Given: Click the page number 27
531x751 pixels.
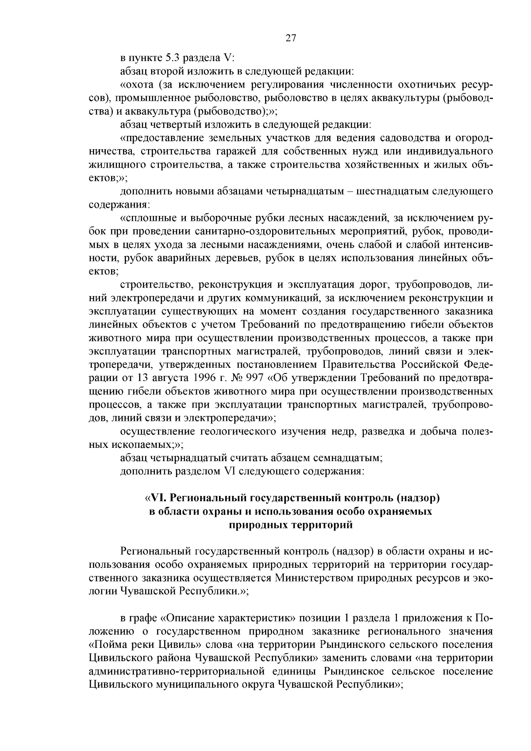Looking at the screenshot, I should click(290, 38).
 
